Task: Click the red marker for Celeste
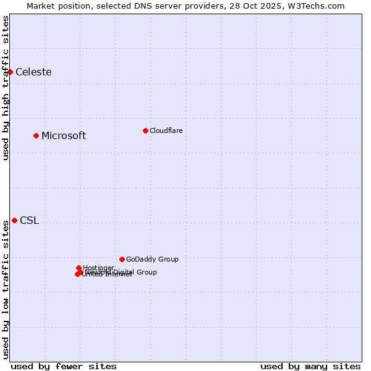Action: (10, 72)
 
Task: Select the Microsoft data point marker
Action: (36, 135)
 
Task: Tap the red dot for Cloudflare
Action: (145, 130)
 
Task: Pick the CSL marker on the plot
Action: (14, 220)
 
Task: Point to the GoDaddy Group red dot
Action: (122, 259)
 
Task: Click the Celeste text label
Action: (33, 72)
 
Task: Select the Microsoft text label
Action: (64, 135)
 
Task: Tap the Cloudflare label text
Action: (166, 130)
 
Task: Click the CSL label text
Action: (29, 221)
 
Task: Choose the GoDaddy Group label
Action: (152, 259)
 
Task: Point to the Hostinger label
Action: (99, 268)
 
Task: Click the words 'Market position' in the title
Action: (54, 6)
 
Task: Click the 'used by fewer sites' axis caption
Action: (64, 366)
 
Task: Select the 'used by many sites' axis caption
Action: (310, 366)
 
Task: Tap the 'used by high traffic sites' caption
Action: (6, 88)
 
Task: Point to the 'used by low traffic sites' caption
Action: (6, 289)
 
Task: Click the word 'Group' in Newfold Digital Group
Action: (147, 272)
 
